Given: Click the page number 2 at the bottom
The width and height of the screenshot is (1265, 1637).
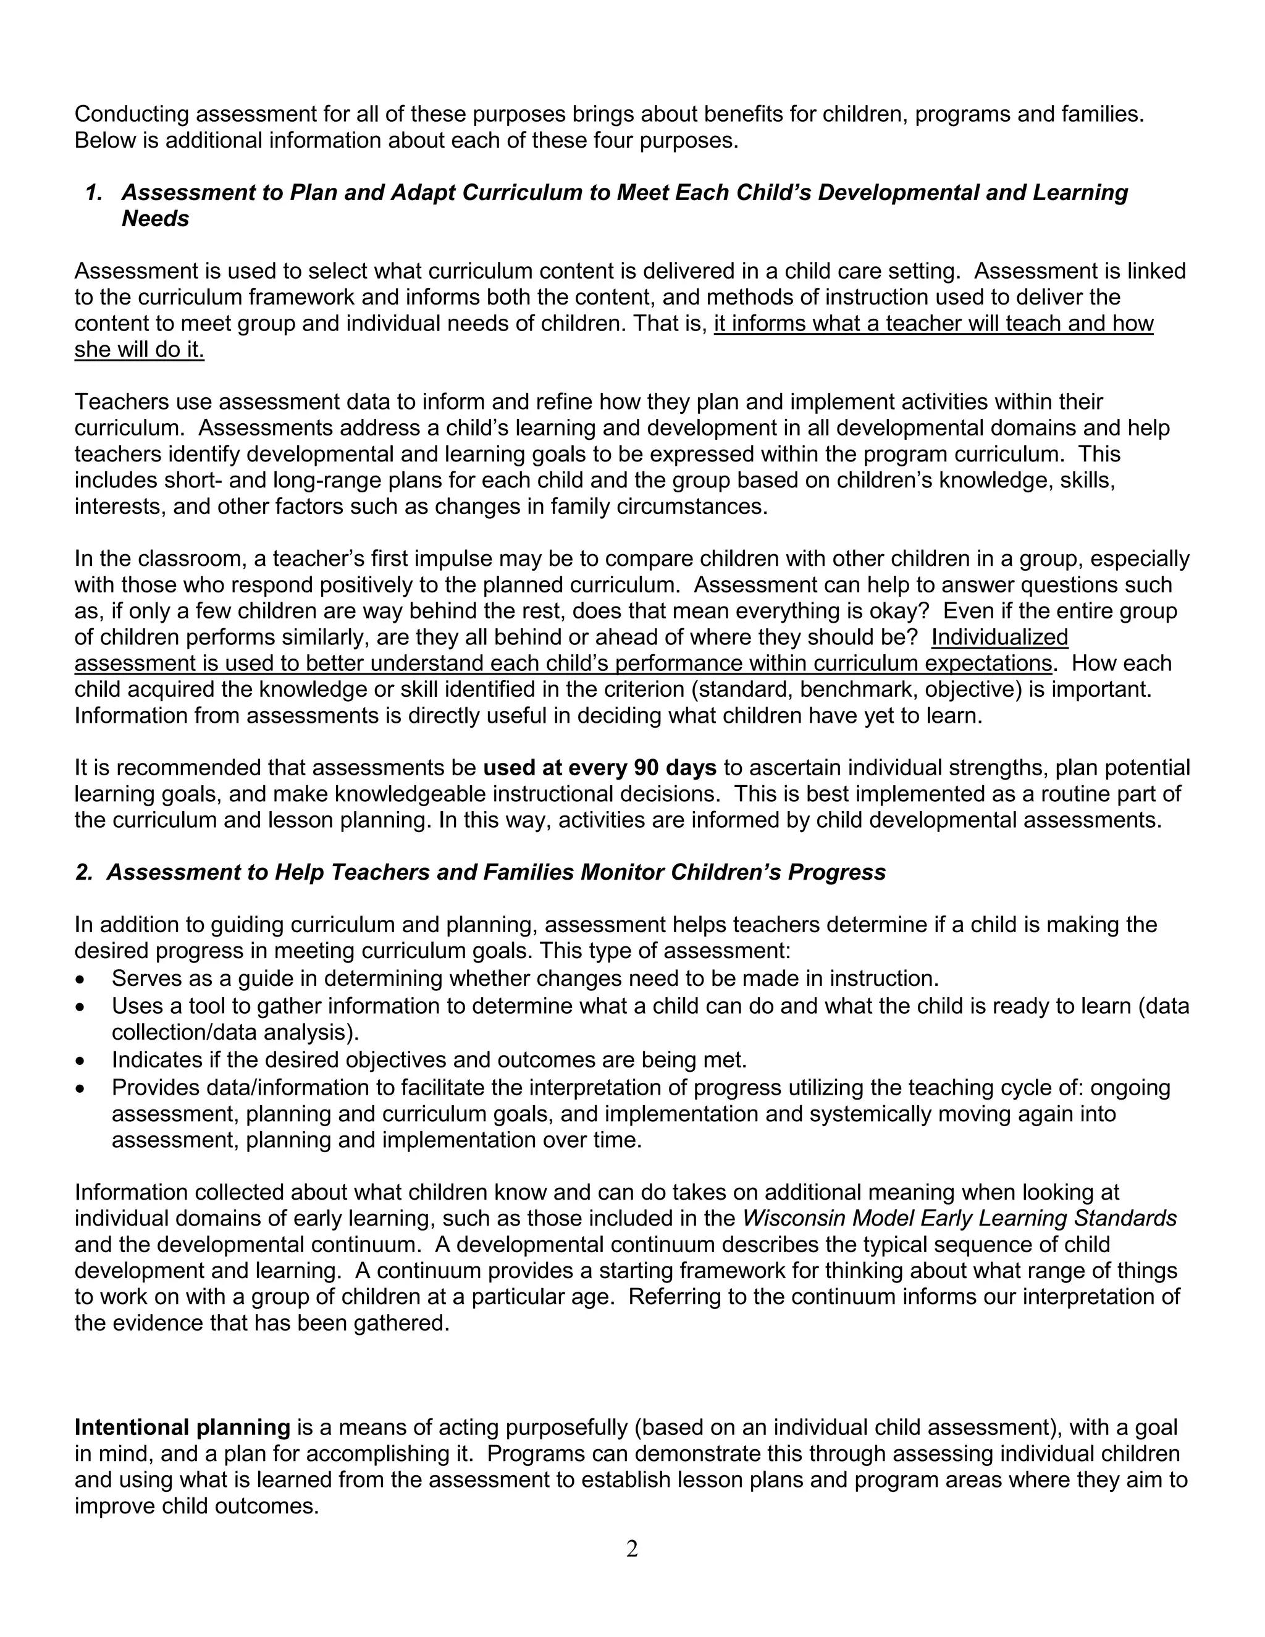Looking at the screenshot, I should pyautogui.click(x=632, y=1549).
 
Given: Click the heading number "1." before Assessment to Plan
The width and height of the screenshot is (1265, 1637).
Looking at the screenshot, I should pyautogui.click(x=95, y=193).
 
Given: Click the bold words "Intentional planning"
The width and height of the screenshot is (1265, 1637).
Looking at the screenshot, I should pyautogui.click(x=182, y=1427).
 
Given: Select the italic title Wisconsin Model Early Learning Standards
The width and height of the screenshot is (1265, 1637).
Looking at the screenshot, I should pyautogui.click(x=959, y=1218).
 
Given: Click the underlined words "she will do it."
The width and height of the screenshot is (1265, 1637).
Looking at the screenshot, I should pyautogui.click(x=140, y=350).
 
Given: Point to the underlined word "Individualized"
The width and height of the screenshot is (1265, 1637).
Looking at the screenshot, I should pyautogui.click(x=1000, y=637).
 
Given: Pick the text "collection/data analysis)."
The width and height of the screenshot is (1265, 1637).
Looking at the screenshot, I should pyautogui.click(x=235, y=1033).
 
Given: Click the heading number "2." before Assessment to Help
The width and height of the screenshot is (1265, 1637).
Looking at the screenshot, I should pyautogui.click(x=83, y=872).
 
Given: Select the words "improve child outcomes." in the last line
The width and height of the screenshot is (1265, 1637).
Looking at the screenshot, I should pyautogui.click(x=196, y=1506).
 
